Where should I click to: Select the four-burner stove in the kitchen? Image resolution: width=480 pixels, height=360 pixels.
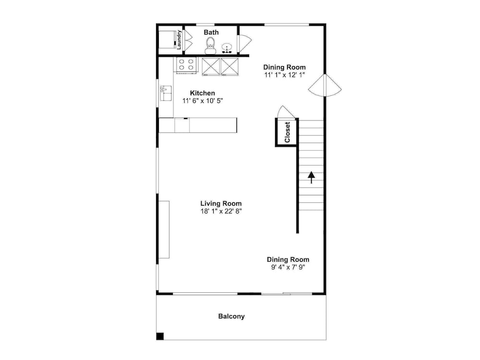click(186, 65)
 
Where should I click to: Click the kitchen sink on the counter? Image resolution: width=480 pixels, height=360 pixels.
click(166, 93)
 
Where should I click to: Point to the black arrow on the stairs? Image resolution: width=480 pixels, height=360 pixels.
click(312, 177)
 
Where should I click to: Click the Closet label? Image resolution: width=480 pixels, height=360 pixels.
click(287, 132)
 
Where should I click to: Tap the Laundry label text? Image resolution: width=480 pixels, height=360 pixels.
click(179, 39)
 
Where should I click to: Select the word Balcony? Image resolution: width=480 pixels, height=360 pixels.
click(231, 316)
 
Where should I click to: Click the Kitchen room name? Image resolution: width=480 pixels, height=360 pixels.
click(203, 93)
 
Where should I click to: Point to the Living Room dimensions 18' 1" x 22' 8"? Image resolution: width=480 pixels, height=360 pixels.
click(221, 211)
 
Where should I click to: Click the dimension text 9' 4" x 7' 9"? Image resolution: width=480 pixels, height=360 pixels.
click(288, 267)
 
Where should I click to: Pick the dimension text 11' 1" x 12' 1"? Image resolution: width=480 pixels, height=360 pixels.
click(285, 75)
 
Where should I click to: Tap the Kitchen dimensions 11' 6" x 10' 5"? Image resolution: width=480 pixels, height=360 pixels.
click(203, 101)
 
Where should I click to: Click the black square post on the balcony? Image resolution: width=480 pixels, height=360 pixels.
click(160, 336)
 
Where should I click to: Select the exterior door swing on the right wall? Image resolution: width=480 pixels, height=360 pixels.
click(325, 86)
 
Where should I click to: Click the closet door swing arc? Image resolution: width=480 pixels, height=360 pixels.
click(286, 112)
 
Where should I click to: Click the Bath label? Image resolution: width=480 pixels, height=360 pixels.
click(211, 32)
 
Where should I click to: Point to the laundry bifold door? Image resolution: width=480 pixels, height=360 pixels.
click(187, 39)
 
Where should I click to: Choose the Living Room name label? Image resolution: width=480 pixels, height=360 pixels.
click(221, 203)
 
